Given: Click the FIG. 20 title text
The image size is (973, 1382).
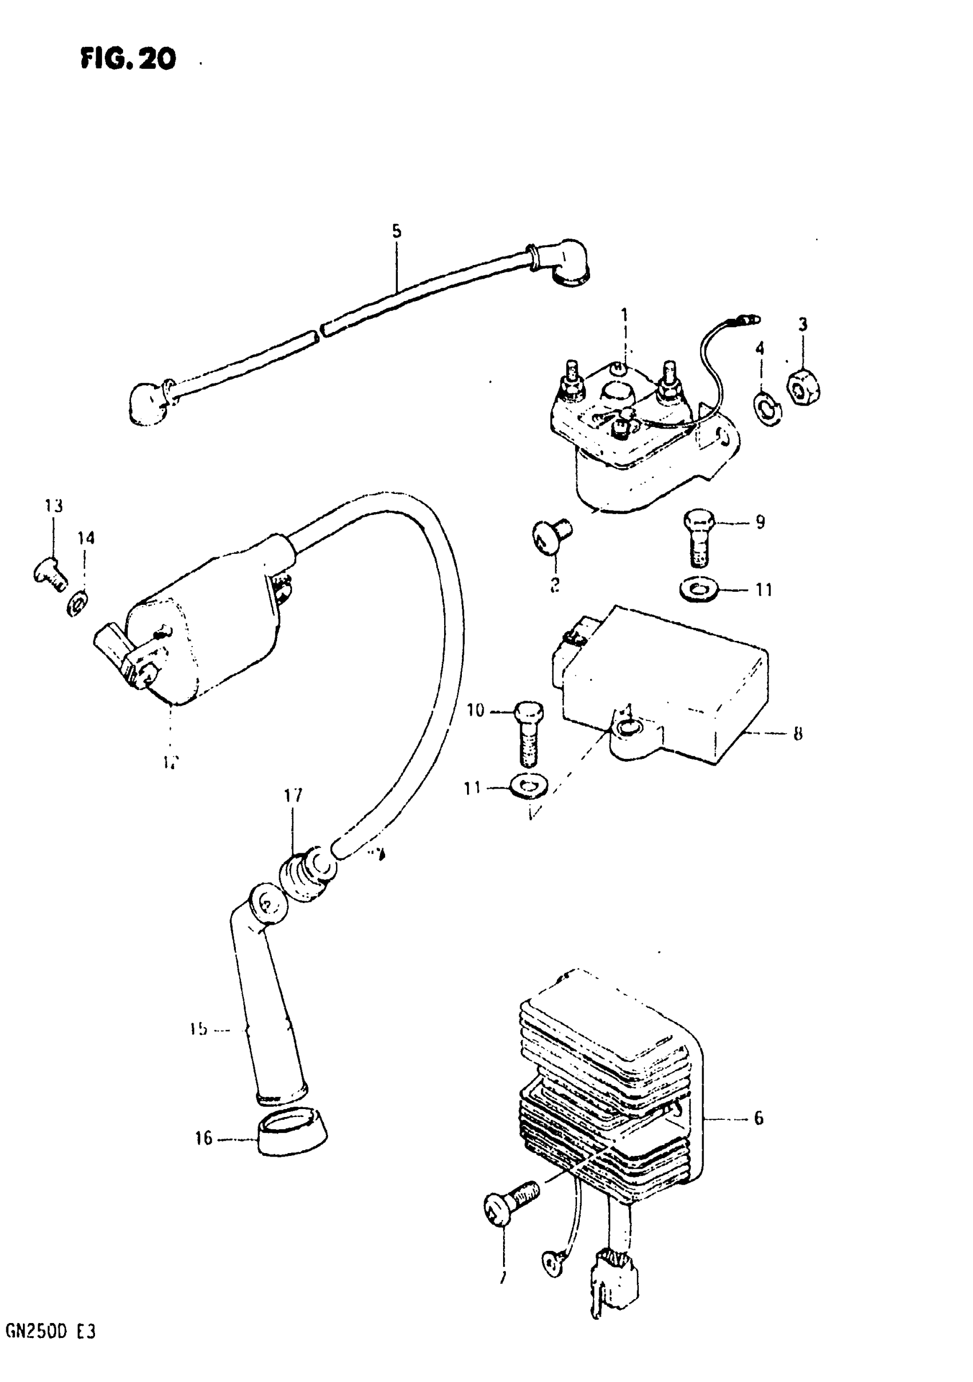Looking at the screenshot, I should [128, 59].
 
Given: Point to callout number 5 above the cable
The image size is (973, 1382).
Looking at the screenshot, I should [396, 232].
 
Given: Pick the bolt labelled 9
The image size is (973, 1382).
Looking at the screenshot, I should [698, 537].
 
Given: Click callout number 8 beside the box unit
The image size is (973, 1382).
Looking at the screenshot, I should [797, 734].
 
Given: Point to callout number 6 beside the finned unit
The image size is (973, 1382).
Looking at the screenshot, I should [758, 1118].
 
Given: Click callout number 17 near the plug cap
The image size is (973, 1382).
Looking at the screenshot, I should [293, 796].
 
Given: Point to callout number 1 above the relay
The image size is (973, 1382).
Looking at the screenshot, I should [624, 314].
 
